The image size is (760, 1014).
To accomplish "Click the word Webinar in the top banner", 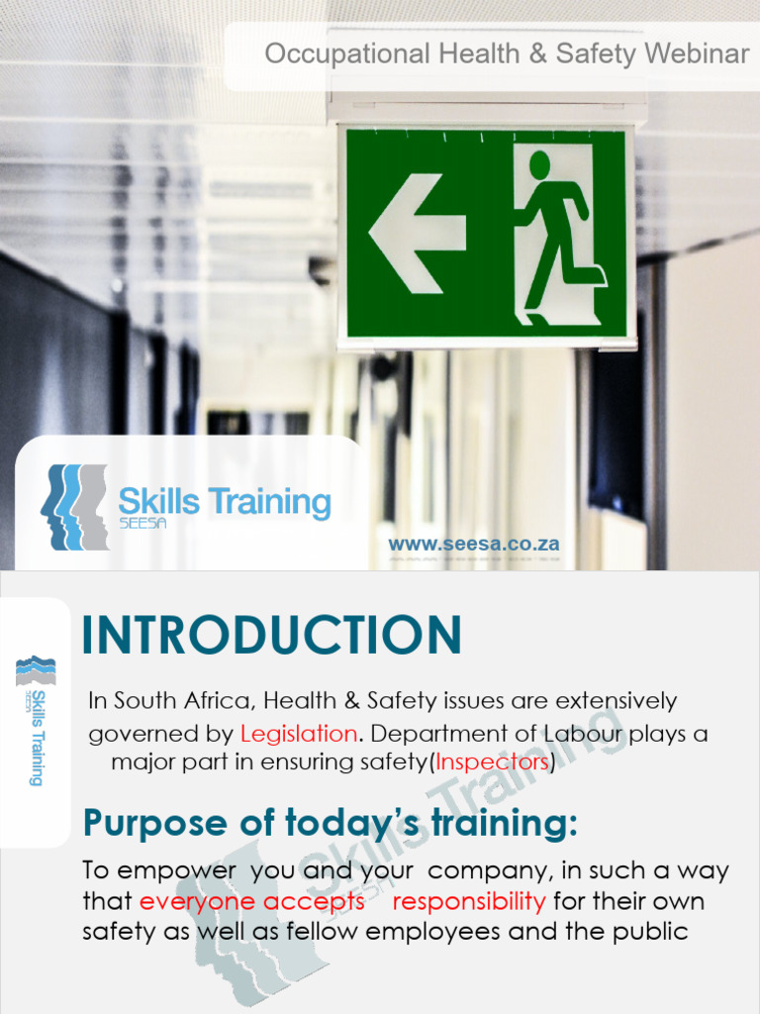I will [x=697, y=54].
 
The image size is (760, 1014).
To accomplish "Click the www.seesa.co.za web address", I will [x=474, y=544].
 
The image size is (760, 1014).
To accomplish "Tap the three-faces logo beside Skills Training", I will [x=74, y=506].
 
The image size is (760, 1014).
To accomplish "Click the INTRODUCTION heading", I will [x=271, y=635].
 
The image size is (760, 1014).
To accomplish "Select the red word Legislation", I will [x=299, y=735].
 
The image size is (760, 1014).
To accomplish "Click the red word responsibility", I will [x=469, y=901].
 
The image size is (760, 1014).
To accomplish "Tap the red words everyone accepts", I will [x=251, y=901].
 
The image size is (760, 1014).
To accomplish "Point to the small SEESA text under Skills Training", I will [x=142, y=524].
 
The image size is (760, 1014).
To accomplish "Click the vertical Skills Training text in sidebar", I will [x=37, y=738].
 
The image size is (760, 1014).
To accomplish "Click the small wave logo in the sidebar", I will [x=36, y=670].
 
